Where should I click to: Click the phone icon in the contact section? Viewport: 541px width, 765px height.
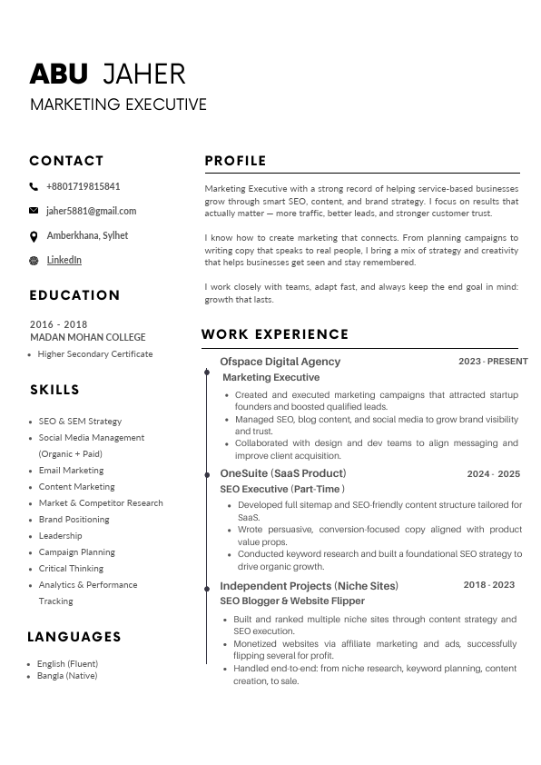pos(34,186)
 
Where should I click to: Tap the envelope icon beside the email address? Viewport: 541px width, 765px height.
pos(34,211)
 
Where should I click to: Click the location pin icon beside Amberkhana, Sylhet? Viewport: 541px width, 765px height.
pos(34,236)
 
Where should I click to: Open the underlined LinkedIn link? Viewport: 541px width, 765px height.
pos(64,260)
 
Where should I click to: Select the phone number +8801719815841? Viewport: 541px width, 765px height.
pos(83,186)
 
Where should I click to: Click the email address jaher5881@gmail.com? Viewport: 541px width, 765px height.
pos(91,211)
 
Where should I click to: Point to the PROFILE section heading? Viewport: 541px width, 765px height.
pos(235,161)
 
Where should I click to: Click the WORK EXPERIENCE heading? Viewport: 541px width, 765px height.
pos(275,334)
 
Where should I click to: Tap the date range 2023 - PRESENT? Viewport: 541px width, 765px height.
pos(493,362)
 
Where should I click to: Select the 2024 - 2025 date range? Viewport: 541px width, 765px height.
pos(493,474)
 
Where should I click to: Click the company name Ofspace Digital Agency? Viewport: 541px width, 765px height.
pos(280,362)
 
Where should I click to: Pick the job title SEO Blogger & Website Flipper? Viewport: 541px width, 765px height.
pos(292,601)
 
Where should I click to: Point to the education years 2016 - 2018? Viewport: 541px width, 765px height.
pos(58,324)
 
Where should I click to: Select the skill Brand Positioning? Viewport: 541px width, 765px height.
pos(74,520)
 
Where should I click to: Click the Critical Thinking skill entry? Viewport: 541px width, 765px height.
pos(71,569)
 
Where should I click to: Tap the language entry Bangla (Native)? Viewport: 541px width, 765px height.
pos(67,676)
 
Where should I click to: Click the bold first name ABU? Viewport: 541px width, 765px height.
pos(59,75)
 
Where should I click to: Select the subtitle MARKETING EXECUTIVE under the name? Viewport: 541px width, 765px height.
pos(118,104)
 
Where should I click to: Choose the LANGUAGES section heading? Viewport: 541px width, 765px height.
pos(74,637)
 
